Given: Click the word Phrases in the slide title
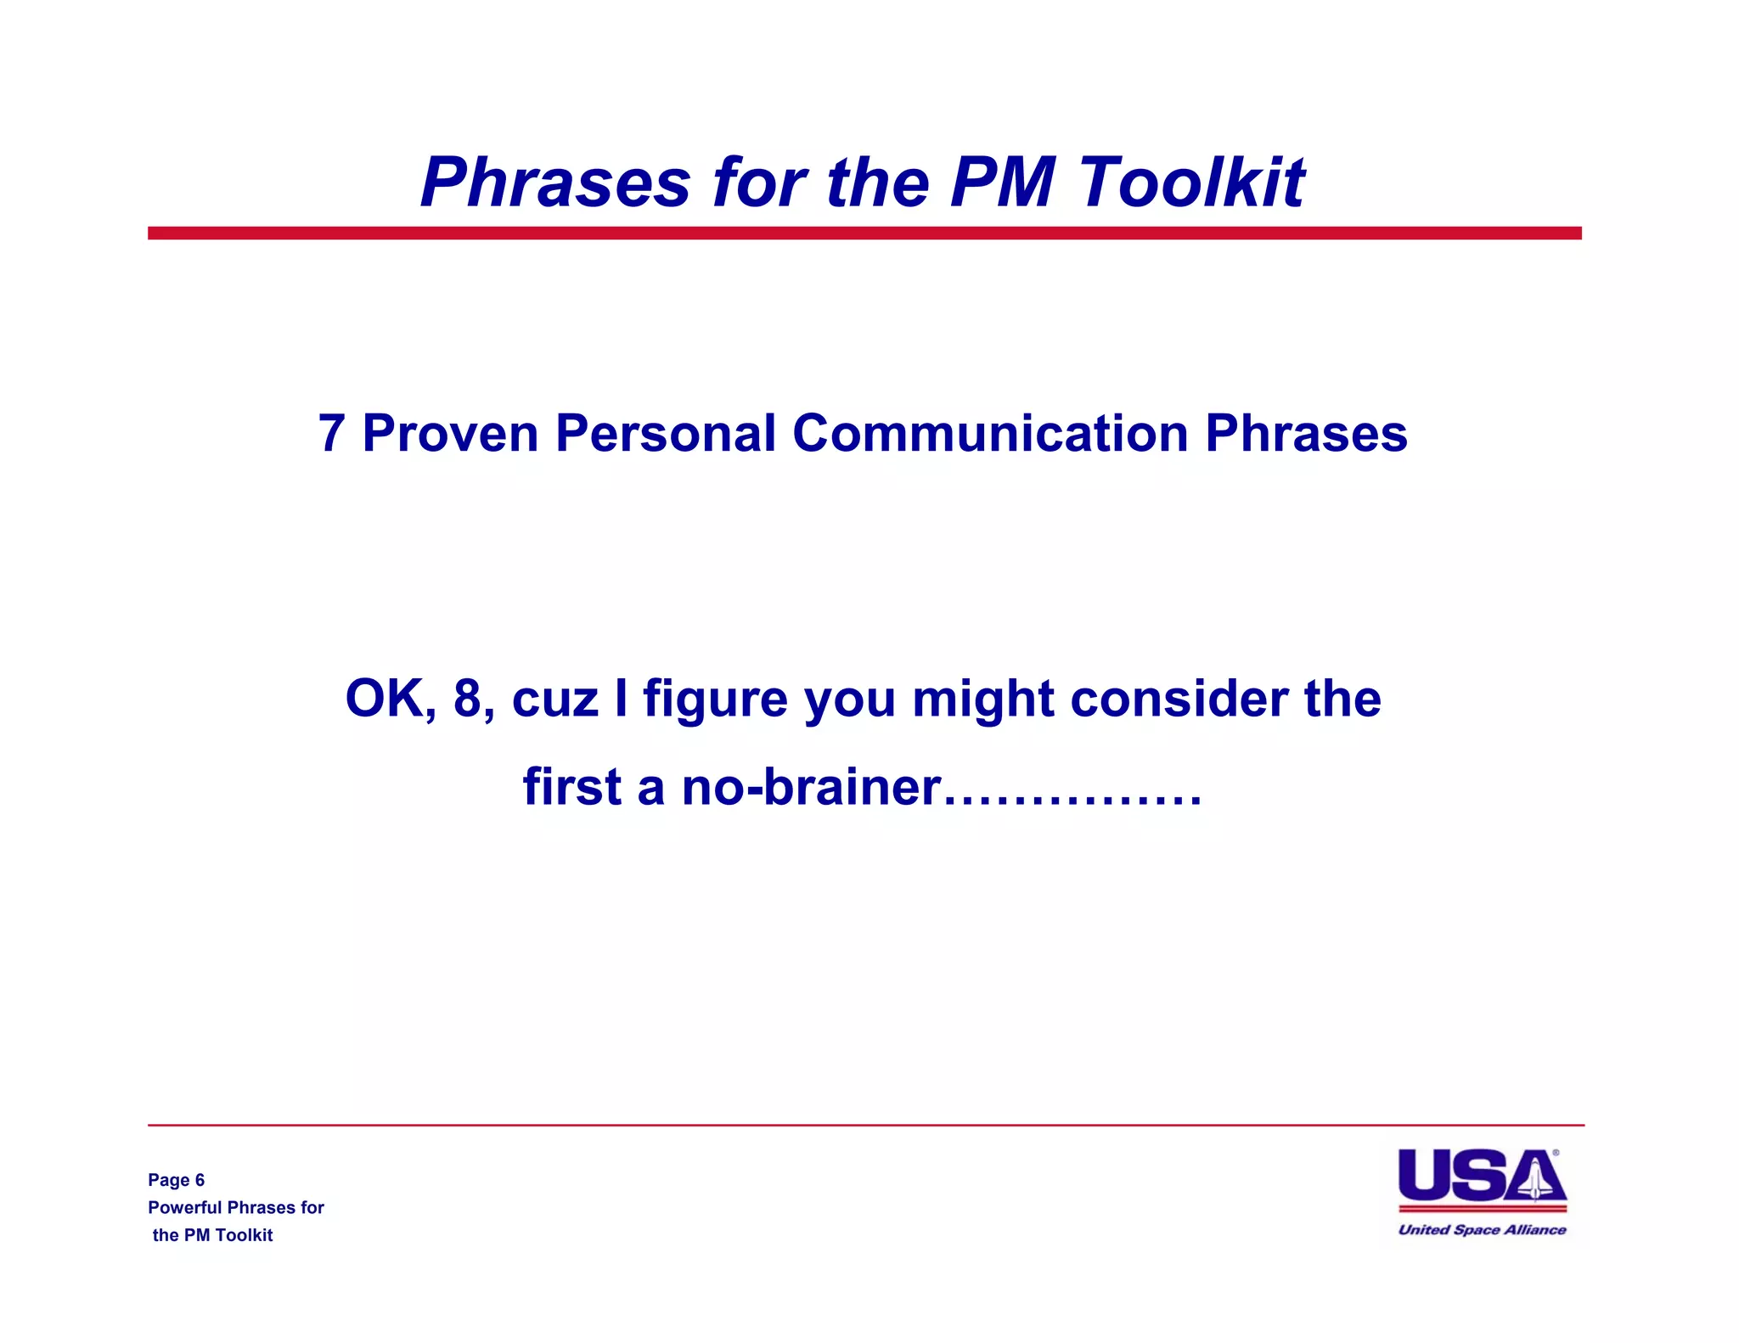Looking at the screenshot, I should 556,183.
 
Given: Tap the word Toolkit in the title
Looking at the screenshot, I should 1191,183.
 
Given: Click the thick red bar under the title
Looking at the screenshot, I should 864,233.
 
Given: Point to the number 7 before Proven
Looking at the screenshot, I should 331,434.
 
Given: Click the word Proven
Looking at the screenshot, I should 450,434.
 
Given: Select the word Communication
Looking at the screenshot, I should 989,434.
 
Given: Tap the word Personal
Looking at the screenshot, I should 666,434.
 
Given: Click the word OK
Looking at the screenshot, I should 389,699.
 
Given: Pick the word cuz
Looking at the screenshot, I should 554,700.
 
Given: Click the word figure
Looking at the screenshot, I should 715,700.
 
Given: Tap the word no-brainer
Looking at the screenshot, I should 811,787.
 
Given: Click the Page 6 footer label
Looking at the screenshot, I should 176,1180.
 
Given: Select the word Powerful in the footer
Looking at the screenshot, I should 184,1207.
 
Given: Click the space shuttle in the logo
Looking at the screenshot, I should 1535,1178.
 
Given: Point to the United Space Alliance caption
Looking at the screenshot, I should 1482,1229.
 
